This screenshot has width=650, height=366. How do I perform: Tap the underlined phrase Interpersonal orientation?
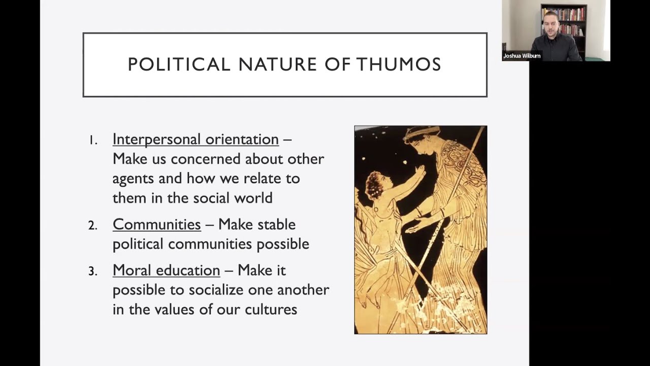tap(196, 139)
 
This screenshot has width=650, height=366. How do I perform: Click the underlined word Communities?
tap(156, 224)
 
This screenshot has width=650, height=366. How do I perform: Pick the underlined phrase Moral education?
tap(166, 270)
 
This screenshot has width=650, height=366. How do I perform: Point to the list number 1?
tap(92, 140)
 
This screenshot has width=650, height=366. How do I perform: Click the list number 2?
tap(92, 225)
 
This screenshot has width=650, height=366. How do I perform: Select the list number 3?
tap(92, 271)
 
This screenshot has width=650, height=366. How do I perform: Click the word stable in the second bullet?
tap(277, 224)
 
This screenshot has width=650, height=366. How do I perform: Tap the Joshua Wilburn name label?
tap(522, 56)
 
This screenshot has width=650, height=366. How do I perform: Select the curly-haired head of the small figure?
tap(375, 185)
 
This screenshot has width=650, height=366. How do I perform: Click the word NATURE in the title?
tap(278, 65)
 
